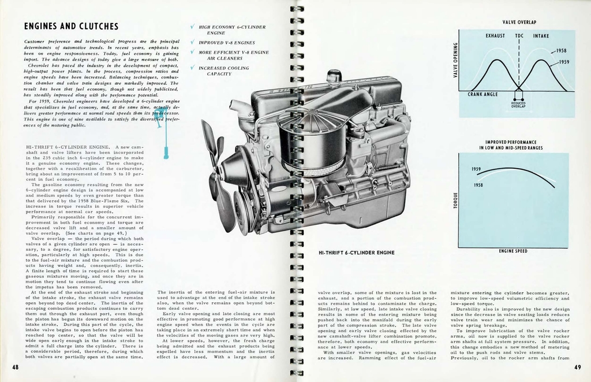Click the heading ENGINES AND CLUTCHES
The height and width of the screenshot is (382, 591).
point(71,27)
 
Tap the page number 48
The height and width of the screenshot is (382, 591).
point(14,368)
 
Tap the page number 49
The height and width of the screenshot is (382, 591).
point(578,368)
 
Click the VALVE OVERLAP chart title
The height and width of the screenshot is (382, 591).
point(519,23)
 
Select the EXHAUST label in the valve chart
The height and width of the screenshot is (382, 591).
point(495,36)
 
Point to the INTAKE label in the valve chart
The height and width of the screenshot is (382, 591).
point(541,36)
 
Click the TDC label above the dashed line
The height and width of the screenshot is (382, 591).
point(519,36)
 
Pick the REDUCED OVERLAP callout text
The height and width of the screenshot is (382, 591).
point(518,105)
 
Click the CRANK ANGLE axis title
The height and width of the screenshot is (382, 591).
point(482,94)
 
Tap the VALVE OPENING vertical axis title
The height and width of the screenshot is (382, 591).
point(455,60)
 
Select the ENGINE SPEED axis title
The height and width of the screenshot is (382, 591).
point(513,251)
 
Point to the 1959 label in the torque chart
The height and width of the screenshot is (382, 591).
point(477,169)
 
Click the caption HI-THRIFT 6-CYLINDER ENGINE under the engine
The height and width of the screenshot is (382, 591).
point(356,253)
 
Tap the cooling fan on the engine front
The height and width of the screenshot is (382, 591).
point(215,168)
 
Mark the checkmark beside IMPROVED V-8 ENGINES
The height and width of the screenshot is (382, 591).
point(192,42)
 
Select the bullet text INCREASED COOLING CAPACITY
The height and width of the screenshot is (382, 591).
point(223,71)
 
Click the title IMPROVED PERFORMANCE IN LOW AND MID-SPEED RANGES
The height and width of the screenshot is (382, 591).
point(511,144)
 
